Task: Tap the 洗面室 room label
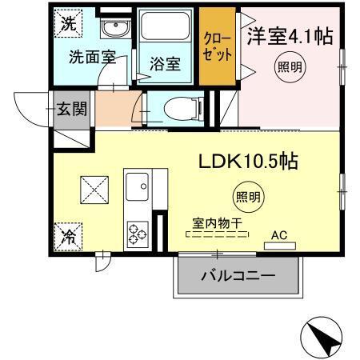click(x=91, y=57)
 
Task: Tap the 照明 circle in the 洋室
click(x=290, y=66)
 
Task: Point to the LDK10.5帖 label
click(x=248, y=161)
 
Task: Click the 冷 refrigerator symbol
click(x=68, y=237)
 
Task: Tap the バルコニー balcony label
click(x=238, y=277)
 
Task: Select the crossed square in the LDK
click(x=94, y=190)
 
